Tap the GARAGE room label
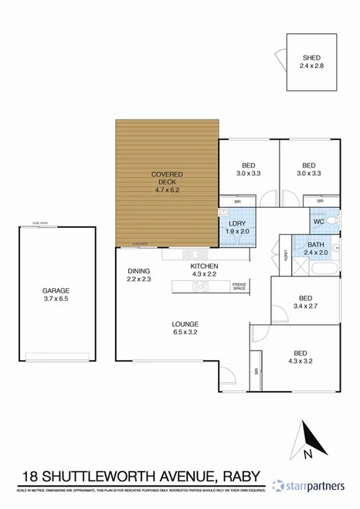(56, 291)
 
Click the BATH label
(316, 244)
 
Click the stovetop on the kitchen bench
(201, 287)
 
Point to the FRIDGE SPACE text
(239, 287)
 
